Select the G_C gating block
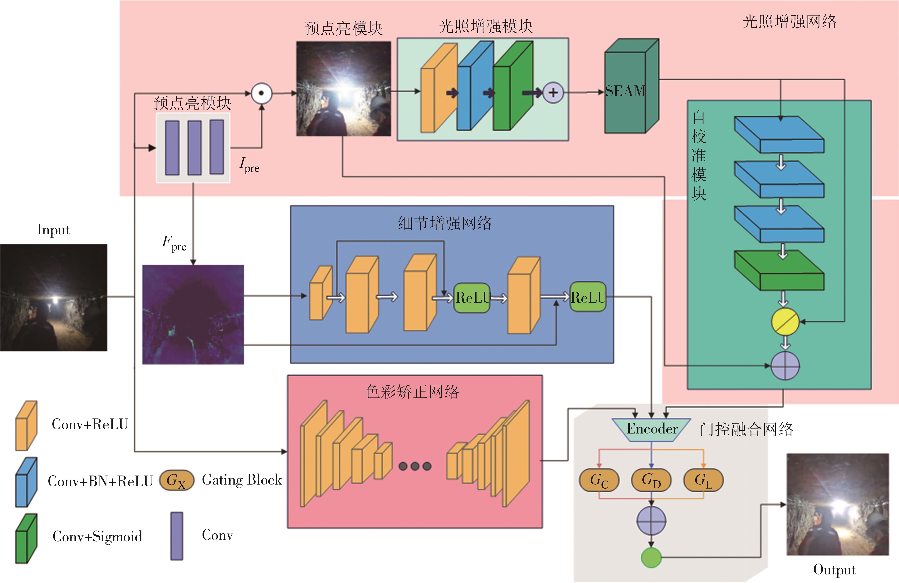(x=599, y=480)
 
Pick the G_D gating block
(x=651, y=480)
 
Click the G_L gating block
(x=703, y=480)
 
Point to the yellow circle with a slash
(x=785, y=322)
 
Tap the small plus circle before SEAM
(x=553, y=93)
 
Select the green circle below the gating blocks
(x=651, y=557)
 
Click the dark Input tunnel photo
(x=53, y=297)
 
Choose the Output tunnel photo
(x=837, y=504)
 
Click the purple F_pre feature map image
(x=193, y=314)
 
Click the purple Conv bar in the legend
(x=177, y=536)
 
